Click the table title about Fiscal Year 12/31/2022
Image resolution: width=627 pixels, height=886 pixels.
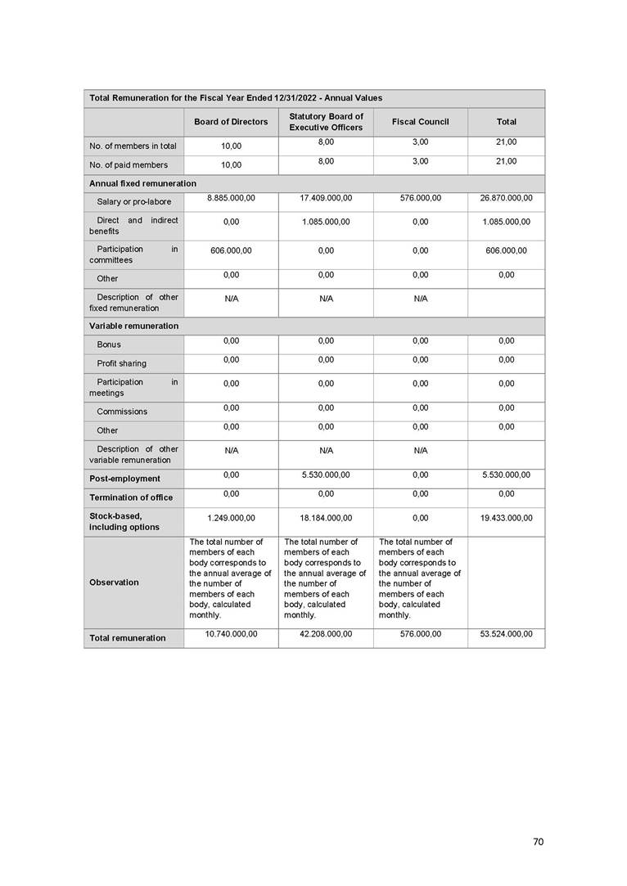(235, 98)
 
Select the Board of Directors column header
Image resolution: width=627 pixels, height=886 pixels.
(231, 122)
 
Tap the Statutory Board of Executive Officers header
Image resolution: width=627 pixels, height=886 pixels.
(326, 122)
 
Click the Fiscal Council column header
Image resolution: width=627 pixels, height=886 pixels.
(420, 122)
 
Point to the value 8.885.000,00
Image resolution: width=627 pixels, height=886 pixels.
(231, 198)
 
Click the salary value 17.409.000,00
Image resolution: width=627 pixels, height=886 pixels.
(326, 198)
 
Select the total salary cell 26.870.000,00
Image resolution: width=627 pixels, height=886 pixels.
(506, 198)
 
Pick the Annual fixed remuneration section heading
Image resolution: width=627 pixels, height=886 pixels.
(142, 183)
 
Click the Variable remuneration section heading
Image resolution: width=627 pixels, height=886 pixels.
(133, 326)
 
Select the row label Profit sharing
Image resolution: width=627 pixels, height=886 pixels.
(122, 363)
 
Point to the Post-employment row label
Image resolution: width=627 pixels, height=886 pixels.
(124, 479)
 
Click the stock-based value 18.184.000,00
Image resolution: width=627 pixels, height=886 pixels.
(326, 518)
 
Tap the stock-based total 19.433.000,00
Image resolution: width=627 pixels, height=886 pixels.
(506, 518)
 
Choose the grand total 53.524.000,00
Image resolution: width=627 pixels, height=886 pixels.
(506, 634)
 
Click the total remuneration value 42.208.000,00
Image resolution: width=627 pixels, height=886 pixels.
(326, 634)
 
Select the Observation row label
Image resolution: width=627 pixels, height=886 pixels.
(114, 582)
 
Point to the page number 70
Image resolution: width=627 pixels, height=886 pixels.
(538, 842)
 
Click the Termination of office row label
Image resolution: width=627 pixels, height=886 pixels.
(131, 497)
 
